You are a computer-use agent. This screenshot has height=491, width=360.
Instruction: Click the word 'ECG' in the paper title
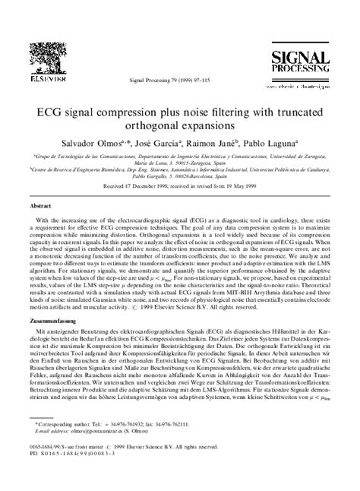coord(83,108)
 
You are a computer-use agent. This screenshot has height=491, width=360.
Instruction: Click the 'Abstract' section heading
coord(40,207)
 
